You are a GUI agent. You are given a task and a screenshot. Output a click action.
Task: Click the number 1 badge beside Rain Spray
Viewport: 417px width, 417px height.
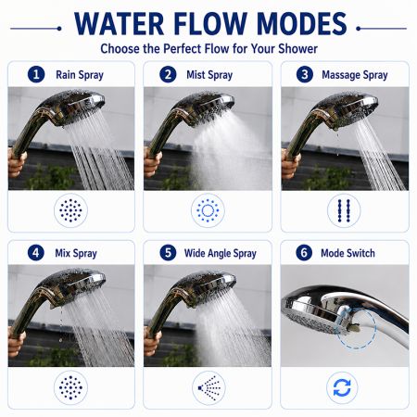point(36,74)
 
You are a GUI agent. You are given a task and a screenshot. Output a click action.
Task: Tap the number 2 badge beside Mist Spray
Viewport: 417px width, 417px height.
point(168,74)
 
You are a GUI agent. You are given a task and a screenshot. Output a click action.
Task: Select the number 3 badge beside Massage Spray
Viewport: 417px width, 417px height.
point(305,74)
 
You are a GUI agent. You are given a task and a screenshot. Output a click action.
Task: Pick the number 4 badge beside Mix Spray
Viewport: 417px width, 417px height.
point(36,253)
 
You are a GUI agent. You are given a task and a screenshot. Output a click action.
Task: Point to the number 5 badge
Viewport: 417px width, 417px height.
point(168,253)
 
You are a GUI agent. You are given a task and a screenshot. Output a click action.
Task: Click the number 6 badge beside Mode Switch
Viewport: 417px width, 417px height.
point(304,253)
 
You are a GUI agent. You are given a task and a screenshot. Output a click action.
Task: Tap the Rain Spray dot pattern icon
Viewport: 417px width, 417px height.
point(70,210)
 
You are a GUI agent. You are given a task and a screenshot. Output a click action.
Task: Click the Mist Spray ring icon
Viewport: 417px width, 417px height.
point(208,210)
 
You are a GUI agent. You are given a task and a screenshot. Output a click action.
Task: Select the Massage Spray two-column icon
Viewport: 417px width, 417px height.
point(344,210)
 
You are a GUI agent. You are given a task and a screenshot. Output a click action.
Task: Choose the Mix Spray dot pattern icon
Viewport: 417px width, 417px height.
point(70,387)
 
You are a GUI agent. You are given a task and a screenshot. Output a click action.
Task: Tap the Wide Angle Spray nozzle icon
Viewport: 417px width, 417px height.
point(208,387)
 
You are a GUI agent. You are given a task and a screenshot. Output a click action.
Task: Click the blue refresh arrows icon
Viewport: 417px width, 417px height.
point(342,388)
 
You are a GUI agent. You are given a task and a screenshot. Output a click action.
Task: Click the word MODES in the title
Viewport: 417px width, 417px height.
point(302,24)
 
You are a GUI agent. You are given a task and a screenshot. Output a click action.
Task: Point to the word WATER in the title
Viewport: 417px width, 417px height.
point(120,24)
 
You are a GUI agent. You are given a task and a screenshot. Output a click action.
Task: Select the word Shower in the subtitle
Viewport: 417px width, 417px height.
point(297,49)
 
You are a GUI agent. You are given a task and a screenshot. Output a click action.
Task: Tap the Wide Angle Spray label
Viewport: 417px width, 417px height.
point(221,253)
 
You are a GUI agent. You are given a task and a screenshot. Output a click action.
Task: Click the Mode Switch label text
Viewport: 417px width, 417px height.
point(347,253)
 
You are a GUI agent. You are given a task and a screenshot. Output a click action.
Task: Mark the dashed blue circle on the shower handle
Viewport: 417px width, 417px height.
point(357,328)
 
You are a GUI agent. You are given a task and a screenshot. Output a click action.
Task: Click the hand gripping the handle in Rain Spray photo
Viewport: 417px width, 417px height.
point(16,163)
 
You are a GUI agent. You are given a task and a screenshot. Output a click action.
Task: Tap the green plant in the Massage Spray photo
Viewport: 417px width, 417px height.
point(327,179)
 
